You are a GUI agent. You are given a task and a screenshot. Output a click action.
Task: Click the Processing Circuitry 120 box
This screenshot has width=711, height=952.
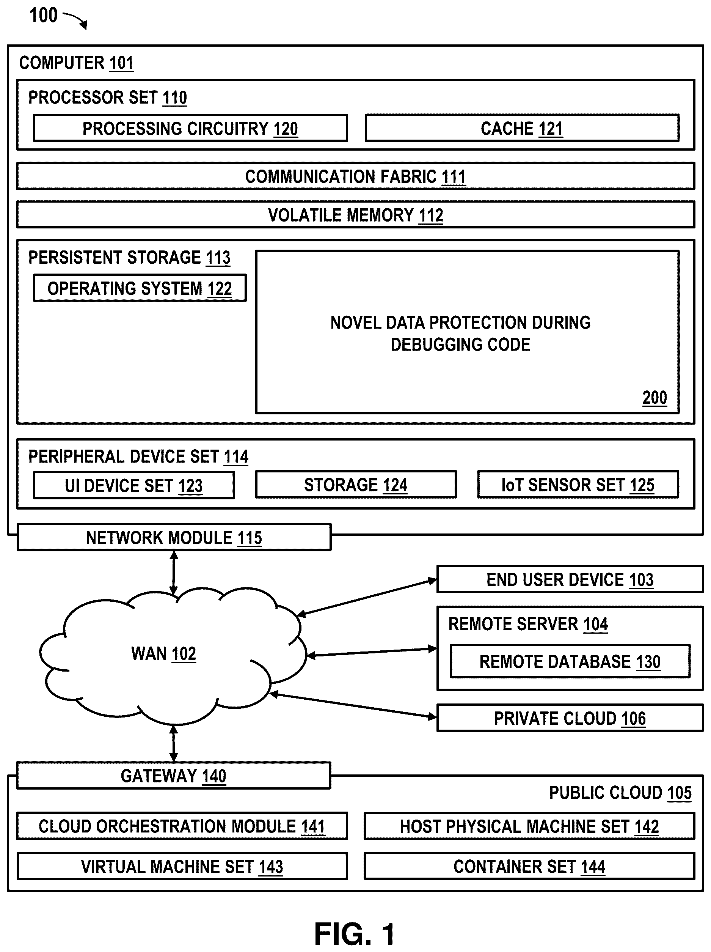190,128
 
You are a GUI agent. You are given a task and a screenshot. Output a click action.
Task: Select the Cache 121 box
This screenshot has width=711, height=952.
522,128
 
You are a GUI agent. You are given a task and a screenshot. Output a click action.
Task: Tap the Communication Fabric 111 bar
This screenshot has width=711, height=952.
355,176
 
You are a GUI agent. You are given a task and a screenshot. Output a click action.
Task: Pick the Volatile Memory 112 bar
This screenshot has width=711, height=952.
355,215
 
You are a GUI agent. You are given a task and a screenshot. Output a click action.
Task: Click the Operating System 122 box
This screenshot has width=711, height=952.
140,288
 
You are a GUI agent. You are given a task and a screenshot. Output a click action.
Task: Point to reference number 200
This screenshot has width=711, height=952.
654,398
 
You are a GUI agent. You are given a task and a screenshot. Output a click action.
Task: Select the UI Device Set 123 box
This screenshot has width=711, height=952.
134,485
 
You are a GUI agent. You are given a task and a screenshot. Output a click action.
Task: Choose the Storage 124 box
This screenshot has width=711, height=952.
356,485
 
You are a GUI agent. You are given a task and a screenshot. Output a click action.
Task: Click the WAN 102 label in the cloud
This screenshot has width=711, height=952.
163,654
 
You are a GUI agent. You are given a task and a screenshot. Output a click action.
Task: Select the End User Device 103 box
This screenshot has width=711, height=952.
570,579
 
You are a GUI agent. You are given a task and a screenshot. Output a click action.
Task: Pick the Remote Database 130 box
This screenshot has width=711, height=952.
570,661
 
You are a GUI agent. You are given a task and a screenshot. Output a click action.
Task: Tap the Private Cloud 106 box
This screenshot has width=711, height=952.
570,718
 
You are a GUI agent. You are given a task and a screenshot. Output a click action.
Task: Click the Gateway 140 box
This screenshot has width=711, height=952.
173,776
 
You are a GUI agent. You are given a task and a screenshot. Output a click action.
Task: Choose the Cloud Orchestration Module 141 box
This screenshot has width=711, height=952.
182,826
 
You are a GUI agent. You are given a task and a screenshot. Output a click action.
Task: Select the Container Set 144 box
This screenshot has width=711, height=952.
529,866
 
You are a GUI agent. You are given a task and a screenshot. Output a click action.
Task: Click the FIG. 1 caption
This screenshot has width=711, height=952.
355,934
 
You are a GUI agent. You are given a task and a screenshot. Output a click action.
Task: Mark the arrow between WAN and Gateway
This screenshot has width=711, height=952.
173,743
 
